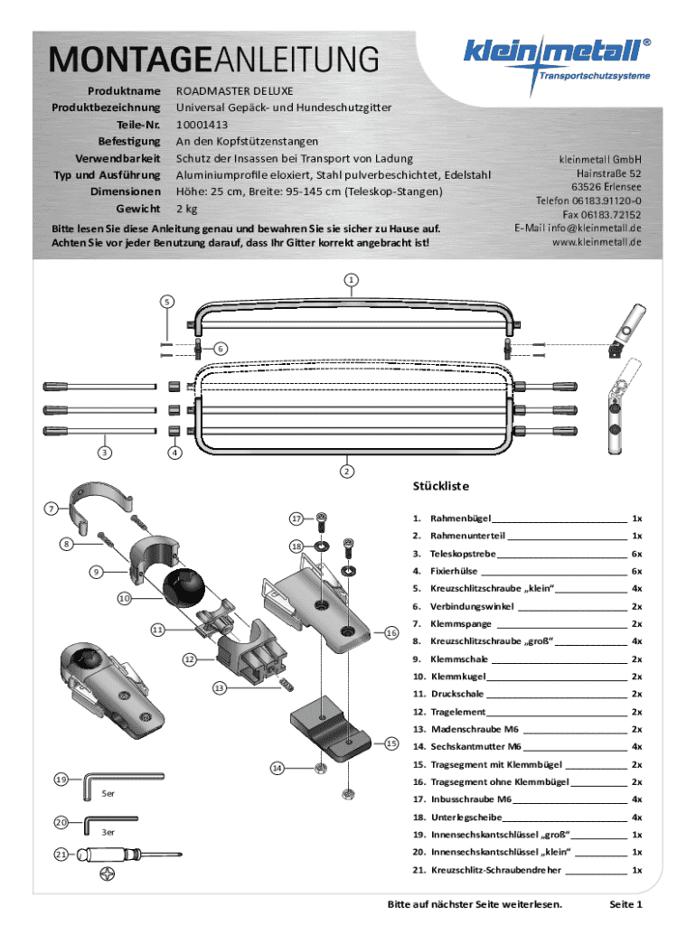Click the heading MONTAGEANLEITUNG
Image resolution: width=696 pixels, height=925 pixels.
(214, 61)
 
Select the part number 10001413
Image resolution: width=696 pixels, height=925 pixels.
(202, 125)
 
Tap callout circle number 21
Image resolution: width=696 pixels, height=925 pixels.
(61, 854)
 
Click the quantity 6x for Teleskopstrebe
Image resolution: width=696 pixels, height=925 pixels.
(636, 554)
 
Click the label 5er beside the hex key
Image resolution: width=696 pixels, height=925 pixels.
(108, 794)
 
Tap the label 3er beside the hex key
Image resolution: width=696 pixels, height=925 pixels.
(108, 832)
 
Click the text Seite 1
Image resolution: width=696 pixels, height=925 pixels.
(625, 904)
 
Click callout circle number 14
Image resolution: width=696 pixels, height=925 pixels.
(277, 768)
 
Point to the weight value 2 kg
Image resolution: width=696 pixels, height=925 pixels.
(186, 210)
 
